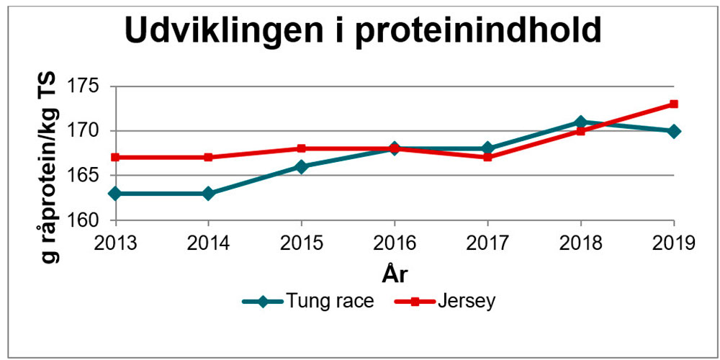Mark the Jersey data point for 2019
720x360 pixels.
674,104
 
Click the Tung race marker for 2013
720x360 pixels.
115,194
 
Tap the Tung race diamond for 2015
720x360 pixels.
302,166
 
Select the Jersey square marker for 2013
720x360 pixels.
115,157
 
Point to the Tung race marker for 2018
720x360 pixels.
581,122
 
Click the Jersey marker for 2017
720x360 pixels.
487,157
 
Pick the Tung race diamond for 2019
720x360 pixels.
674,131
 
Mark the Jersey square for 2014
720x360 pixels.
208,157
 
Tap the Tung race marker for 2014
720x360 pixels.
208,194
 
